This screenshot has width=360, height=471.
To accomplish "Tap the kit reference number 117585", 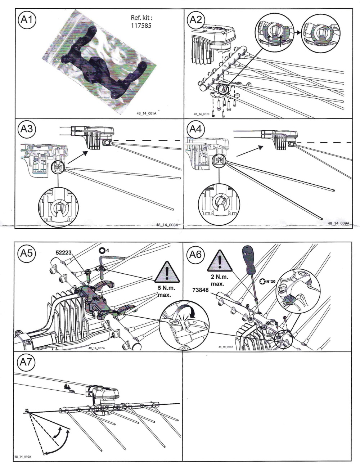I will [141, 26].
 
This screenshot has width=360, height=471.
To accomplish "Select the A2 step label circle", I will [196, 20].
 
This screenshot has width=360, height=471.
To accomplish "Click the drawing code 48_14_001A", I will [147, 113].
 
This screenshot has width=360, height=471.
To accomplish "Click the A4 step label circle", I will [196, 129].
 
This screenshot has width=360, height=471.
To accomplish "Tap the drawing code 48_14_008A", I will [167, 225].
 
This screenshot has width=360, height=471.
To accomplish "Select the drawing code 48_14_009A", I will [338, 223].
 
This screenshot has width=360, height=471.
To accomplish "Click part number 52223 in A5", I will [63, 252].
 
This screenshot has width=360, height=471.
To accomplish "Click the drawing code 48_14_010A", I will [22, 457].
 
